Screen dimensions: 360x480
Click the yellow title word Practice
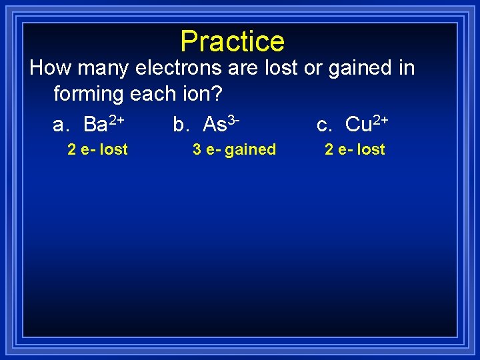[232, 41]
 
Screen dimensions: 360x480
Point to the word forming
[89, 94]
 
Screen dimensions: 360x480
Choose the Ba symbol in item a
[96, 125]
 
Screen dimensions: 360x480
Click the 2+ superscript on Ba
[117, 119]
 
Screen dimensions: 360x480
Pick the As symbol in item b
[215, 125]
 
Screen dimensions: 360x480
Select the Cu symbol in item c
[359, 125]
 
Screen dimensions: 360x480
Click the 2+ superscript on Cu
[381, 119]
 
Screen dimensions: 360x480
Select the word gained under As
[251, 150]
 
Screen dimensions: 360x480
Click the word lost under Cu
[371, 150]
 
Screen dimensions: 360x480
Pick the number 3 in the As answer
[197, 150]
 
